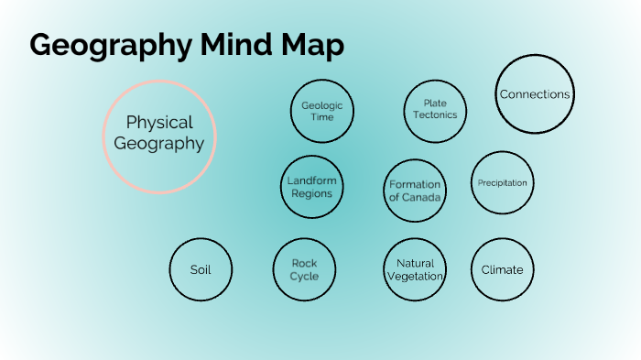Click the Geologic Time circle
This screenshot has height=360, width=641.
point(321,111)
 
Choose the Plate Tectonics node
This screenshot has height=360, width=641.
point(435,110)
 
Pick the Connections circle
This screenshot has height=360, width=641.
point(535,94)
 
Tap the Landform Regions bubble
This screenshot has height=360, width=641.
point(311,187)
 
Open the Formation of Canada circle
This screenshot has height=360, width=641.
point(415,191)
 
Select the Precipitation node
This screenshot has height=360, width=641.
point(502,183)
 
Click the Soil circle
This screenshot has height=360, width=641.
point(201,270)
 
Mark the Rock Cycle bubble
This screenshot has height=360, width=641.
point(304,269)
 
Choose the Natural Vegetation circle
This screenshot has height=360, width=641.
point(415,269)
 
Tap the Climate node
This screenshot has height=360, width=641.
point(502,269)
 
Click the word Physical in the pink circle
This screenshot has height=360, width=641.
point(159,122)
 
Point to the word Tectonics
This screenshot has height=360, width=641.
point(435,115)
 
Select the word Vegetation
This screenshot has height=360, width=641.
point(415,277)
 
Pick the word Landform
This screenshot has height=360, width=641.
point(311,180)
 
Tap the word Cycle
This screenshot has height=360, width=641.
point(304,277)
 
